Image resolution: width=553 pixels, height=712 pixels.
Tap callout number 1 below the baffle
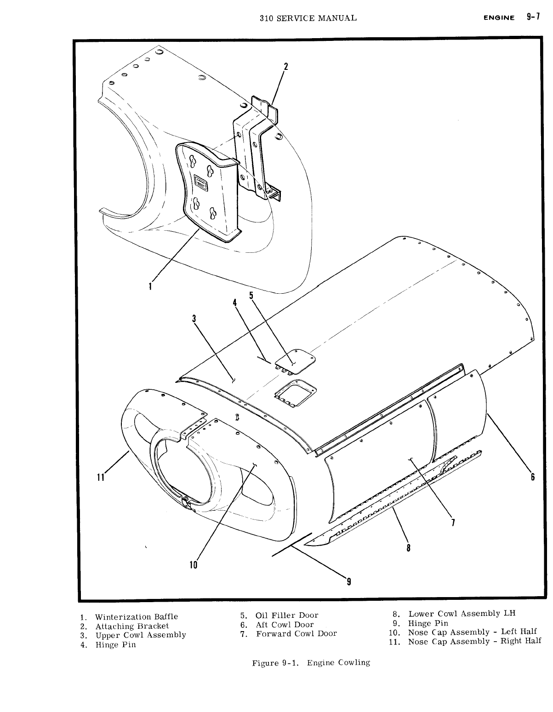(150, 286)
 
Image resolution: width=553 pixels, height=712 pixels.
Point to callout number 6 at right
(533, 477)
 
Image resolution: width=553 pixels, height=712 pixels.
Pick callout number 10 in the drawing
(193, 564)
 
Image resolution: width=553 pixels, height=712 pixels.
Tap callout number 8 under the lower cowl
(408, 547)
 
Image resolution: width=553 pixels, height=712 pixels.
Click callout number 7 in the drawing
(453, 523)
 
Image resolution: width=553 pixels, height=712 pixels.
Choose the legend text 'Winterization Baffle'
(137, 617)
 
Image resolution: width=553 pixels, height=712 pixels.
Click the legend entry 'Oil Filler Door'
(287, 615)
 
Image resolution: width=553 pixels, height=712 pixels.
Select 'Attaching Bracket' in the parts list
(132, 626)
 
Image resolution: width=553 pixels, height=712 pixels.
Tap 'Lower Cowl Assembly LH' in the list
(461, 613)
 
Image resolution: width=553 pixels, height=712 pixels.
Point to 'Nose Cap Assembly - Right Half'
(474, 641)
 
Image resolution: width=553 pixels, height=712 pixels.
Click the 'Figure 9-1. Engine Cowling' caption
(311, 662)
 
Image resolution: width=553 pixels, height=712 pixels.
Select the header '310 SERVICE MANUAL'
(308, 18)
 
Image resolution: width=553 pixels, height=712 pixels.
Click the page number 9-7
(533, 17)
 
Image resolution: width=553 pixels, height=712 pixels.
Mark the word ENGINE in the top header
(499, 18)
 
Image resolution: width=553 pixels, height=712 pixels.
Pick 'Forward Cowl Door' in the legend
(296, 633)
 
